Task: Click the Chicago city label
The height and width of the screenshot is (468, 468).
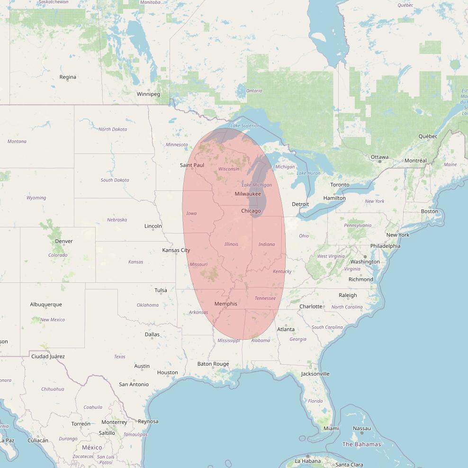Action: pos(251,211)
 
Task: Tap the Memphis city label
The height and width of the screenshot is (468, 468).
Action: pos(225,304)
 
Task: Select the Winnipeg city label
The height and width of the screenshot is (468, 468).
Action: pos(148,94)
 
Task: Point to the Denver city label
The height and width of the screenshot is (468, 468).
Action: pos(64,241)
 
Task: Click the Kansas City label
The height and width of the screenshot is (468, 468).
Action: pos(176,250)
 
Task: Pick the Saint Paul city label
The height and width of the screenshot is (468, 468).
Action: pos(192,165)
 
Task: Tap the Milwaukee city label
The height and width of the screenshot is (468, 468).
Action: pos(248,194)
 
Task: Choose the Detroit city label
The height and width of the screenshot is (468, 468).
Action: pos(300,204)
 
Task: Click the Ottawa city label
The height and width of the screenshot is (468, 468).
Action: pos(379,157)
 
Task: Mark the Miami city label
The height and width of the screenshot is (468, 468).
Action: pos(331,428)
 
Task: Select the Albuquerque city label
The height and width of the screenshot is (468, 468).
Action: pos(46,305)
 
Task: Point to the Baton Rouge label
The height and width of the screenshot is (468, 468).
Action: pos(213,364)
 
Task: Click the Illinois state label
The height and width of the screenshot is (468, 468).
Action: pos(231,244)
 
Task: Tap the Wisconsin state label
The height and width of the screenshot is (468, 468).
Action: pos(229,169)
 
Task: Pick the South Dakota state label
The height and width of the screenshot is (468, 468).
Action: pos(115,180)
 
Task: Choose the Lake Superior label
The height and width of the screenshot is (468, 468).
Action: pos(244,126)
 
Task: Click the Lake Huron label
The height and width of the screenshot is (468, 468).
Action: pos(308,173)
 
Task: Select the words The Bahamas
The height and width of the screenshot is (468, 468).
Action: pos(361,444)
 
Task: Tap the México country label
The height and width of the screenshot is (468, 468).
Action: pos(92,447)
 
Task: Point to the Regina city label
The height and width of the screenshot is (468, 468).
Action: pos(68,77)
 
